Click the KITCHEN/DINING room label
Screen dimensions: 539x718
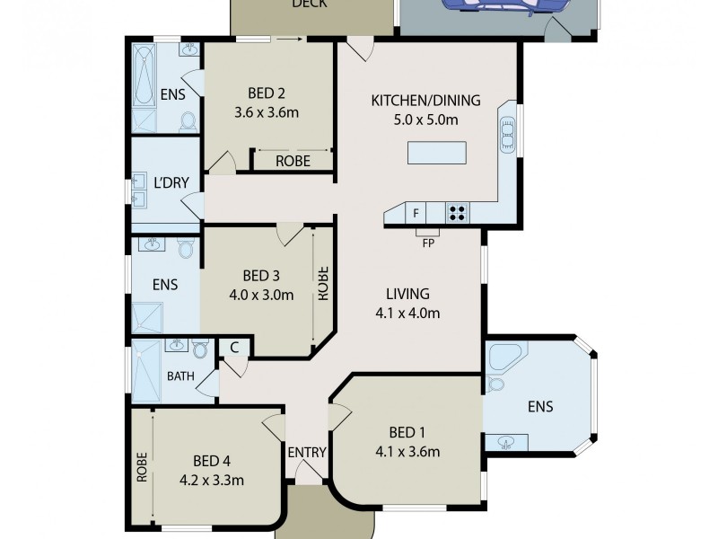426,100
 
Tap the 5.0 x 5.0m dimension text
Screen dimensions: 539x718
426,120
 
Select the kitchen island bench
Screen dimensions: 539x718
437,154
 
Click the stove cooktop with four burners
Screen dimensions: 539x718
457,213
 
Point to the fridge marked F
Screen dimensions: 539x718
416,214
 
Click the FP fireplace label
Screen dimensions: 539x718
429,242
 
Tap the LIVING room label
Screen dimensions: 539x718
408,294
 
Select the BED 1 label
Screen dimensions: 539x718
408,431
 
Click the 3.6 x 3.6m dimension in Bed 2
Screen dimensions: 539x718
266,113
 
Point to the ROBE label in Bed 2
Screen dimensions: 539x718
293,162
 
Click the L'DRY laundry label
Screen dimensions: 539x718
171,182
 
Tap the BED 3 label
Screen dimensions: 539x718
263,275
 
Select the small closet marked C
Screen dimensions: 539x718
233,347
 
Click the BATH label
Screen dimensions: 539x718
180,376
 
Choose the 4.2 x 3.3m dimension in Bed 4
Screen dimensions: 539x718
212,479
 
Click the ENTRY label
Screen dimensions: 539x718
308,452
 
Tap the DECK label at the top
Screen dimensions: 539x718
310,4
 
